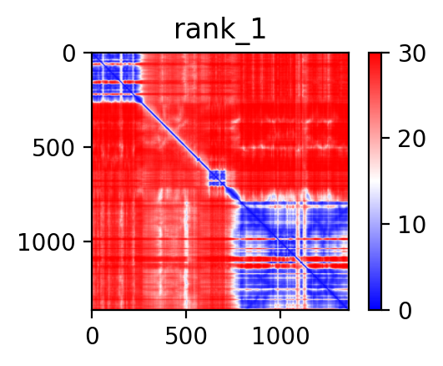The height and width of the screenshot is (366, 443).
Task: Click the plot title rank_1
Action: [x=219, y=30]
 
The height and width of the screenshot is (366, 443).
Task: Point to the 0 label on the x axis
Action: [x=93, y=336]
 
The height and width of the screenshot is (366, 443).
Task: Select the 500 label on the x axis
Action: [x=185, y=336]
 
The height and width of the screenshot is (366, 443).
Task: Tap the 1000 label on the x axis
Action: [x=280, y=336]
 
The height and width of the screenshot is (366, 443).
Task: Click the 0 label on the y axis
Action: [x=69, y=54]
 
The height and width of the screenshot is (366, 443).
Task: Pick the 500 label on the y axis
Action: [x=53, y=149]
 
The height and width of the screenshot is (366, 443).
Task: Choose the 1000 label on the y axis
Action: [x=47, y=242]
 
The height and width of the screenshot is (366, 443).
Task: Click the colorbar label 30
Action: [x=411, y=53]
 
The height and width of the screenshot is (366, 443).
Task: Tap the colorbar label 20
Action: [x=411, y=139]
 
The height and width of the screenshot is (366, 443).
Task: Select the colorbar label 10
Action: [x=411, y=225]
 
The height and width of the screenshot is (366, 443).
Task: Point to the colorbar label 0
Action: [x=405, y=311]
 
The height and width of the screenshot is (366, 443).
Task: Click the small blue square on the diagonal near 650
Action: [x=217, y=178]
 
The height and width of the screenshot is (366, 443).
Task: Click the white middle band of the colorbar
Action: [x=375, y=181]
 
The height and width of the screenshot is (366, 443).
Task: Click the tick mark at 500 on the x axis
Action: [x=186, y=314]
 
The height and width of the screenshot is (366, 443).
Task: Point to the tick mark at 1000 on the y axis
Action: [x=88, y=241]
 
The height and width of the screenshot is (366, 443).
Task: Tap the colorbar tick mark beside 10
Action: [x=385, y=224]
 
